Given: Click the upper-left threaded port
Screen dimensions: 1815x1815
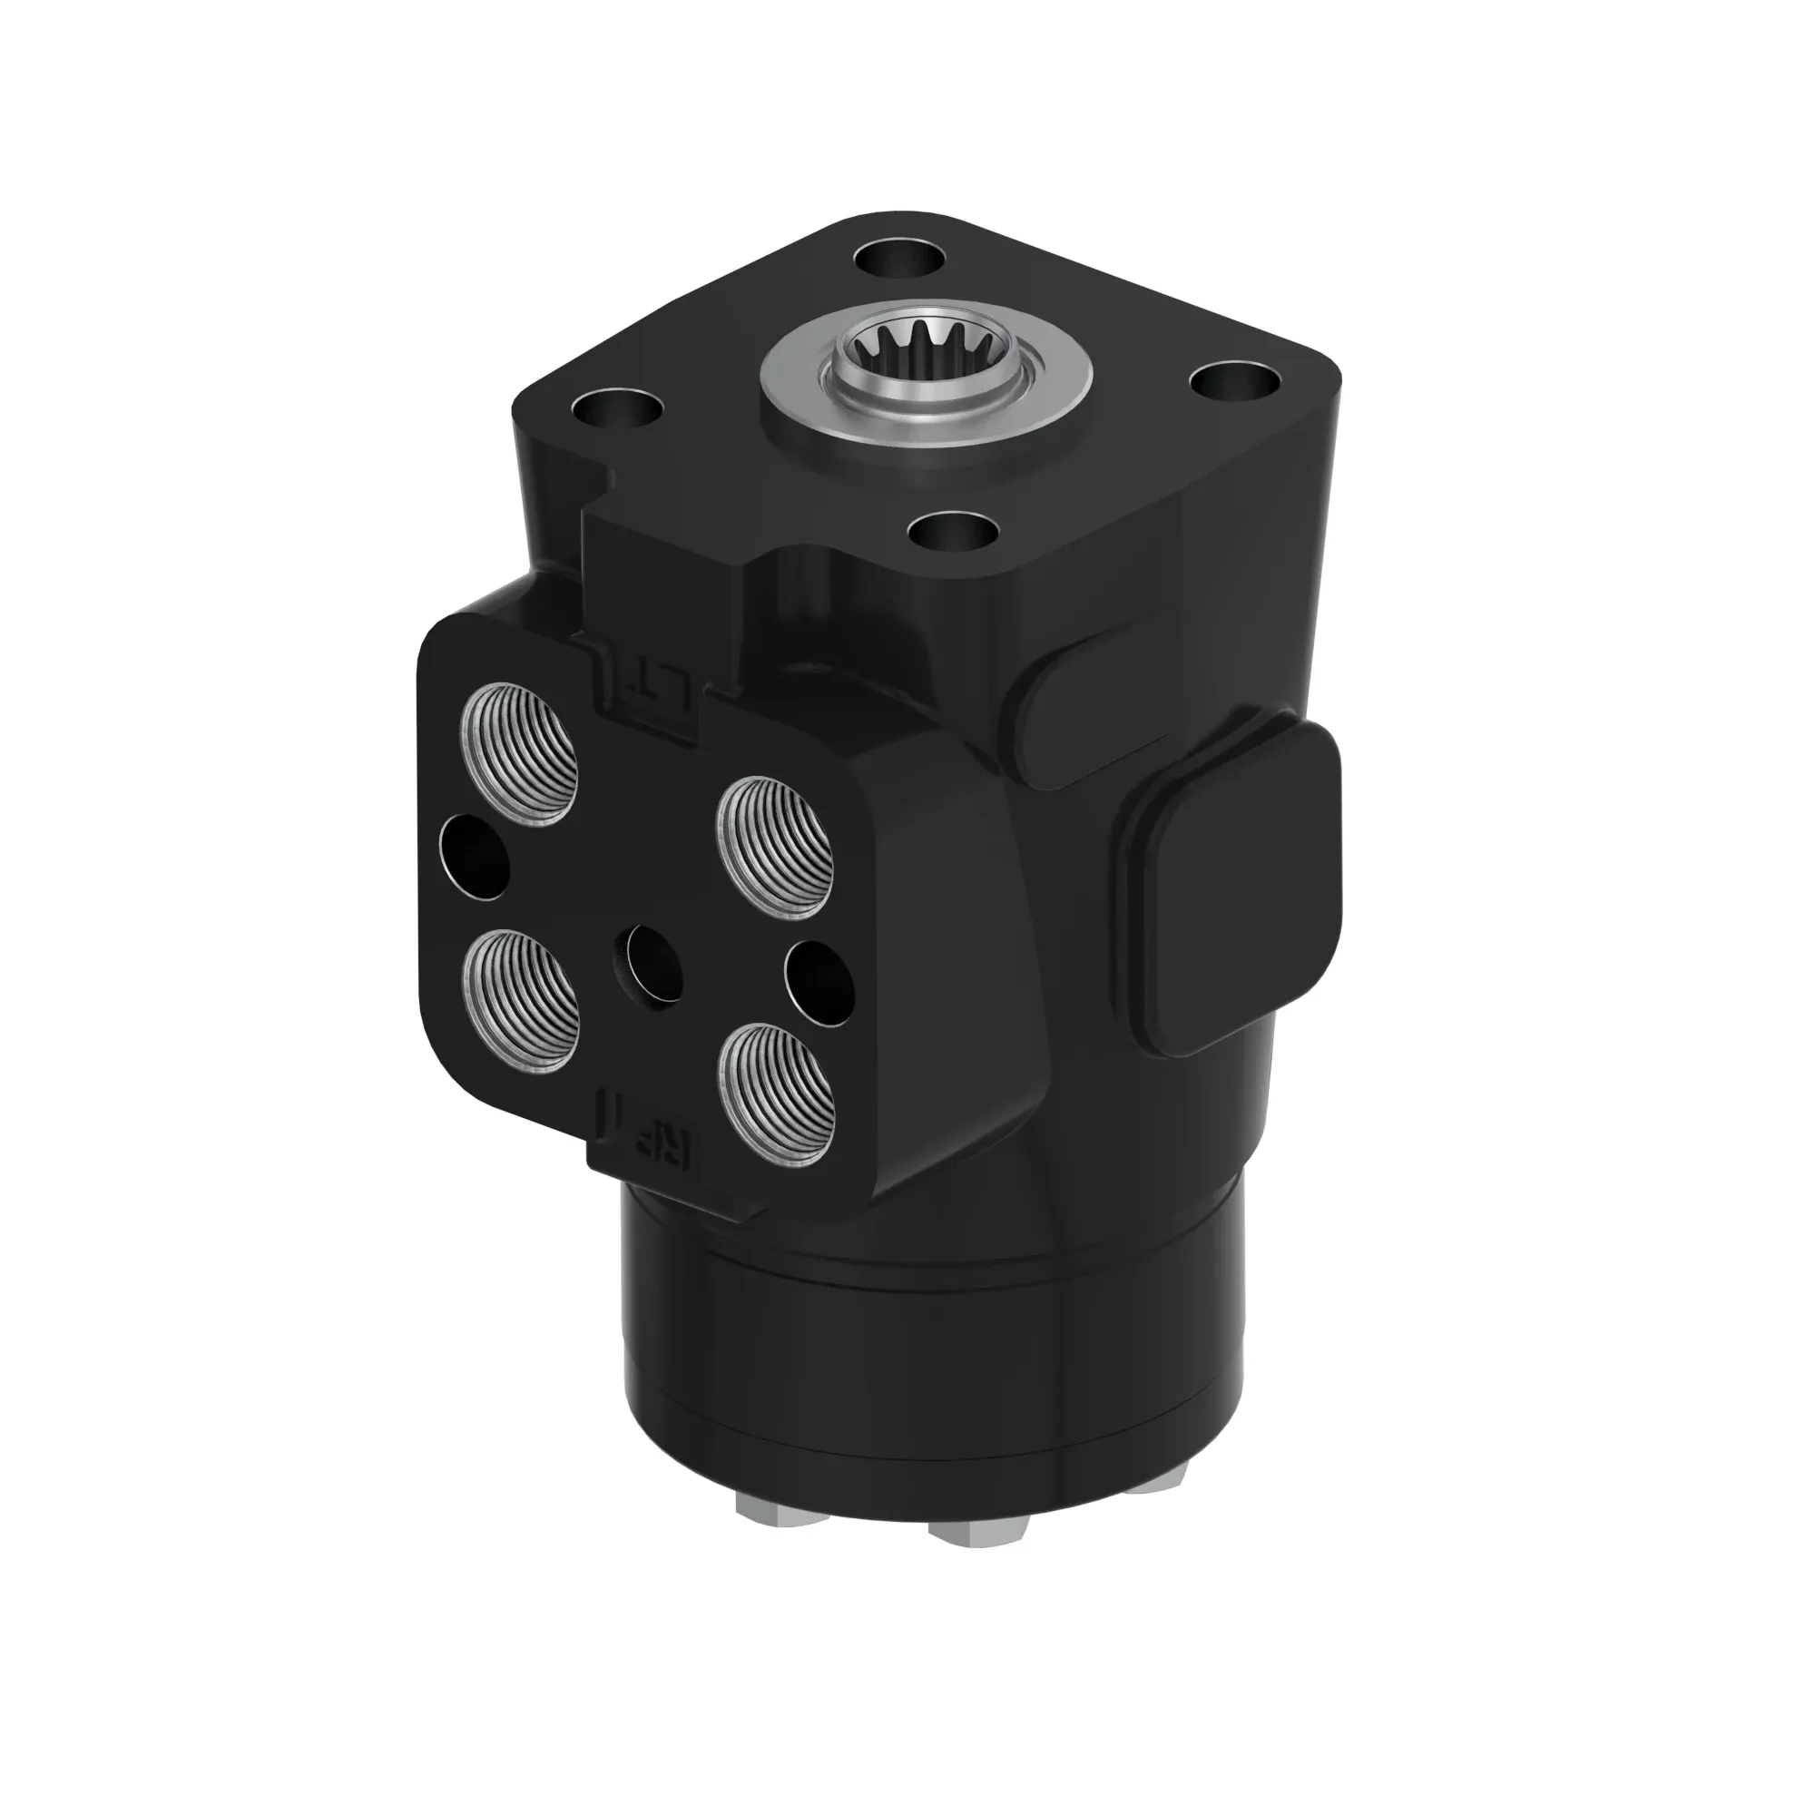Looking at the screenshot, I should (518, 754).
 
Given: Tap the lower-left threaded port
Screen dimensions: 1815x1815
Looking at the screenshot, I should (520, 999).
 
